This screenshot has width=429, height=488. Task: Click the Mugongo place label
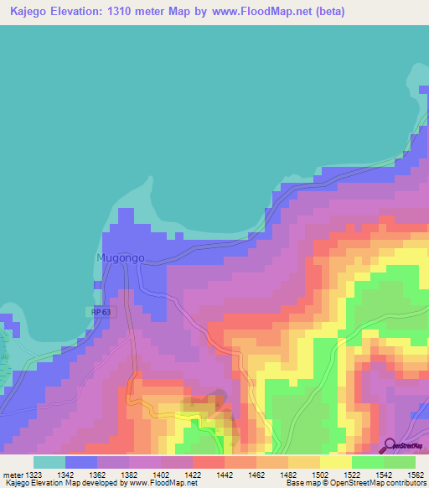pos(121,257)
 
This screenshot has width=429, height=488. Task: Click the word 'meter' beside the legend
pos(13,475)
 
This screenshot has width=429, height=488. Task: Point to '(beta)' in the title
pos(326,13)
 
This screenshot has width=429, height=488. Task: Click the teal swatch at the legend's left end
pos(49,462)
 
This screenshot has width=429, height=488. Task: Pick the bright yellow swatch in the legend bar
pos(335,462)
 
